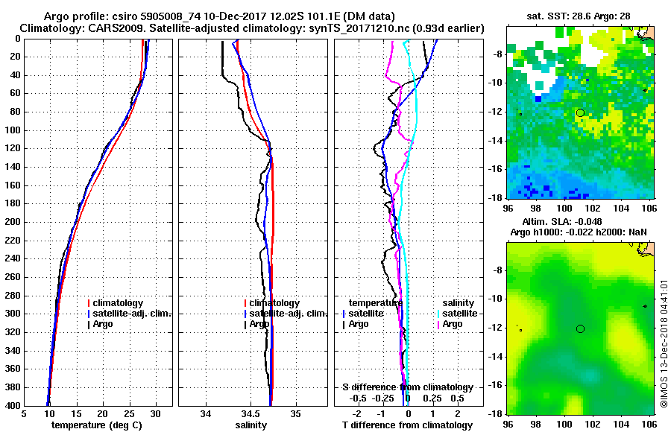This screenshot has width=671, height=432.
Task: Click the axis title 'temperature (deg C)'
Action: tap(98, 425)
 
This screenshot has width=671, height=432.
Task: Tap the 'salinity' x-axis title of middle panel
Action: tap(253, 425)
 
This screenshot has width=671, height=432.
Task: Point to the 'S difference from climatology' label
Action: tap(407, 387)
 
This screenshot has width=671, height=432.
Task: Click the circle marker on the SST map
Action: tap(580, 112)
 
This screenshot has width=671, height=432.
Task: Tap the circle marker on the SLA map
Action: tap(580, 328)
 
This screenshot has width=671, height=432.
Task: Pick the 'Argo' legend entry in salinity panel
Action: tap(259, 324)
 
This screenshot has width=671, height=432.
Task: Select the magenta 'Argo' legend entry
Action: tap(453, 324)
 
